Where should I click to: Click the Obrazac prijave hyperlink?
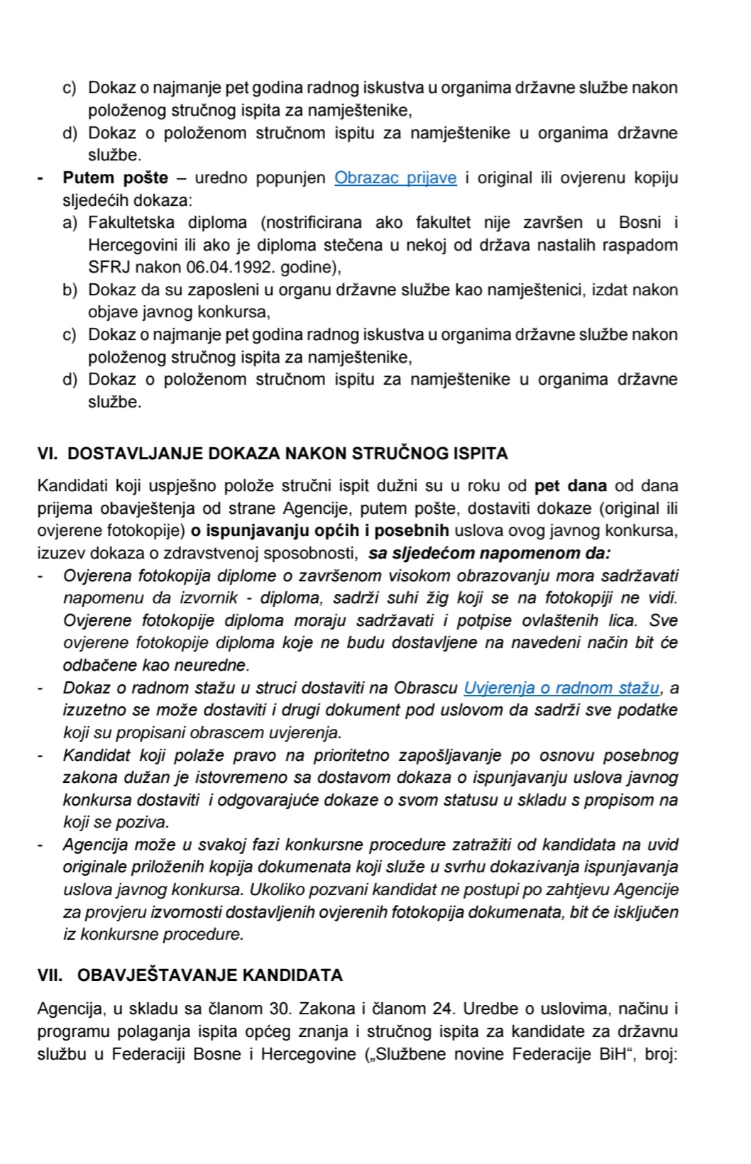point(395,177)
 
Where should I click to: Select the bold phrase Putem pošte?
point(116,177)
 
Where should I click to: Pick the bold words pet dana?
point(571,486)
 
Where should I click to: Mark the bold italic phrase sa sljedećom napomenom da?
point(490,553)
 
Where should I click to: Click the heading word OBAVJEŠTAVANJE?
point(158,974)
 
